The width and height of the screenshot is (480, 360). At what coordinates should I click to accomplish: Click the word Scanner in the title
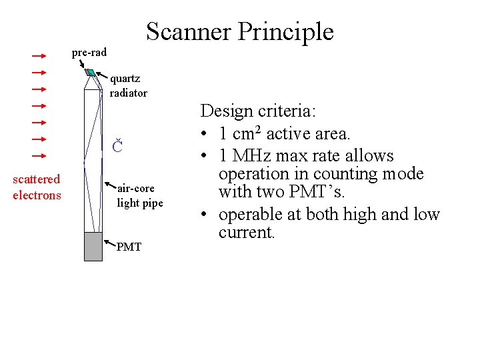187,32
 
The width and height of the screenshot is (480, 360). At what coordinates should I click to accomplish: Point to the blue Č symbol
117,146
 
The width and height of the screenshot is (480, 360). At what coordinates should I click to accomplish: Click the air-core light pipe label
139,196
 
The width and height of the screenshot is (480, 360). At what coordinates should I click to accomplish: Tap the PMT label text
129,247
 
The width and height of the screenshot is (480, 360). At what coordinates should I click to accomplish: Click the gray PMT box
93,246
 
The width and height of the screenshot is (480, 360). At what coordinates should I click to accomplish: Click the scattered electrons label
37,187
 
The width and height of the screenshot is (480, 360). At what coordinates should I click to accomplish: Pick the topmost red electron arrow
39,56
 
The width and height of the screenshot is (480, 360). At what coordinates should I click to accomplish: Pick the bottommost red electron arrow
39,155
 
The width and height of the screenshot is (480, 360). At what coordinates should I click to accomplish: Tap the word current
247,233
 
